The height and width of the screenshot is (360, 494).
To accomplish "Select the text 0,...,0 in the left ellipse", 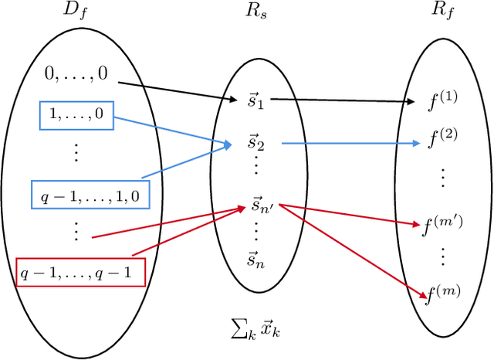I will pyautogui.click(x=76, y=75).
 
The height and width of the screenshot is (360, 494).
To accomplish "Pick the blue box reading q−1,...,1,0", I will pyautogui.click(x=90, y=194).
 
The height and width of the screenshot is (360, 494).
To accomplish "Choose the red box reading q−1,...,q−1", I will pyautogui.click(x=80, y=273).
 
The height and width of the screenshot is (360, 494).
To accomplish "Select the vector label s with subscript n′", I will pyautogui.click(x=259, y=205).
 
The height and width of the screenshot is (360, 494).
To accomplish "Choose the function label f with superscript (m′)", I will pyautogui.click(x=442, y=225).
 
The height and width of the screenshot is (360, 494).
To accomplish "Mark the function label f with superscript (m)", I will pyautogui.click(x=442, y=294).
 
